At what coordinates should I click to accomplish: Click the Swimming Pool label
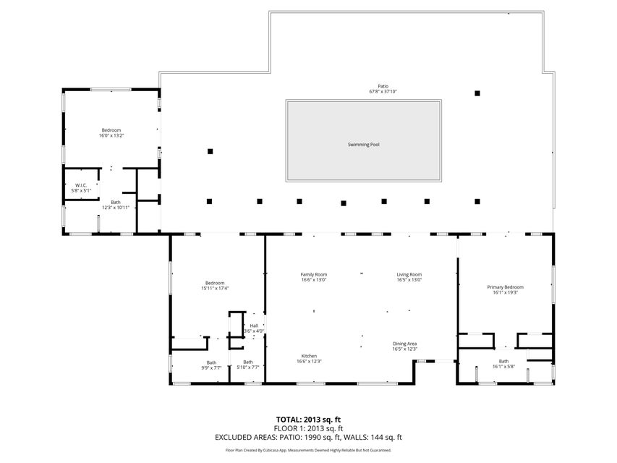[x=363, y=145]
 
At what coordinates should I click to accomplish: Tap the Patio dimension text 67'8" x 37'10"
[x=383, y=92]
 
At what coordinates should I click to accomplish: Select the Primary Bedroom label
[x=504, y=287]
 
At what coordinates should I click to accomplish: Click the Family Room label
[x=314, y=274]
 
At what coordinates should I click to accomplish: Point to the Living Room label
[x=409, y=274]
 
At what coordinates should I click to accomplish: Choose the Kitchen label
[x=309, y=356]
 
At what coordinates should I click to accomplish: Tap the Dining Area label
[x=404, y=344]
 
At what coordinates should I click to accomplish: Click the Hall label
[x=254, y=326]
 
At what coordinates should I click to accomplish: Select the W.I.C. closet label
[x=81, y=185]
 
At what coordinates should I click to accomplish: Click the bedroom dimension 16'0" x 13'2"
[x=111, y=135]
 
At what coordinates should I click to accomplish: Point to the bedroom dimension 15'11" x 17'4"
[x=214, y=289]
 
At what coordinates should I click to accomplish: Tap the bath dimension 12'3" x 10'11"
[x=116, y=208]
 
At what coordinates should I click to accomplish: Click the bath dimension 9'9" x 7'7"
[x=211, y=368]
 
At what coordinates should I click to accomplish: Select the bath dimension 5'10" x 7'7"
[x=247, y=368]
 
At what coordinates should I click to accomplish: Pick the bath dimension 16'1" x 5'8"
[x=503, y=366]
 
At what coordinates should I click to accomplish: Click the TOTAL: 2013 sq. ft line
[x=308, y=419]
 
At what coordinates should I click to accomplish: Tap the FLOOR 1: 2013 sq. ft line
[x=308, y=428]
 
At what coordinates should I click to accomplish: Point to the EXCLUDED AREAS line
[x=308, y=437]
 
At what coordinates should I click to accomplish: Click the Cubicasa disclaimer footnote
[x=308, y=450]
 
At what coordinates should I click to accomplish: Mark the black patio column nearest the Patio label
[x=477, y=93]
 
